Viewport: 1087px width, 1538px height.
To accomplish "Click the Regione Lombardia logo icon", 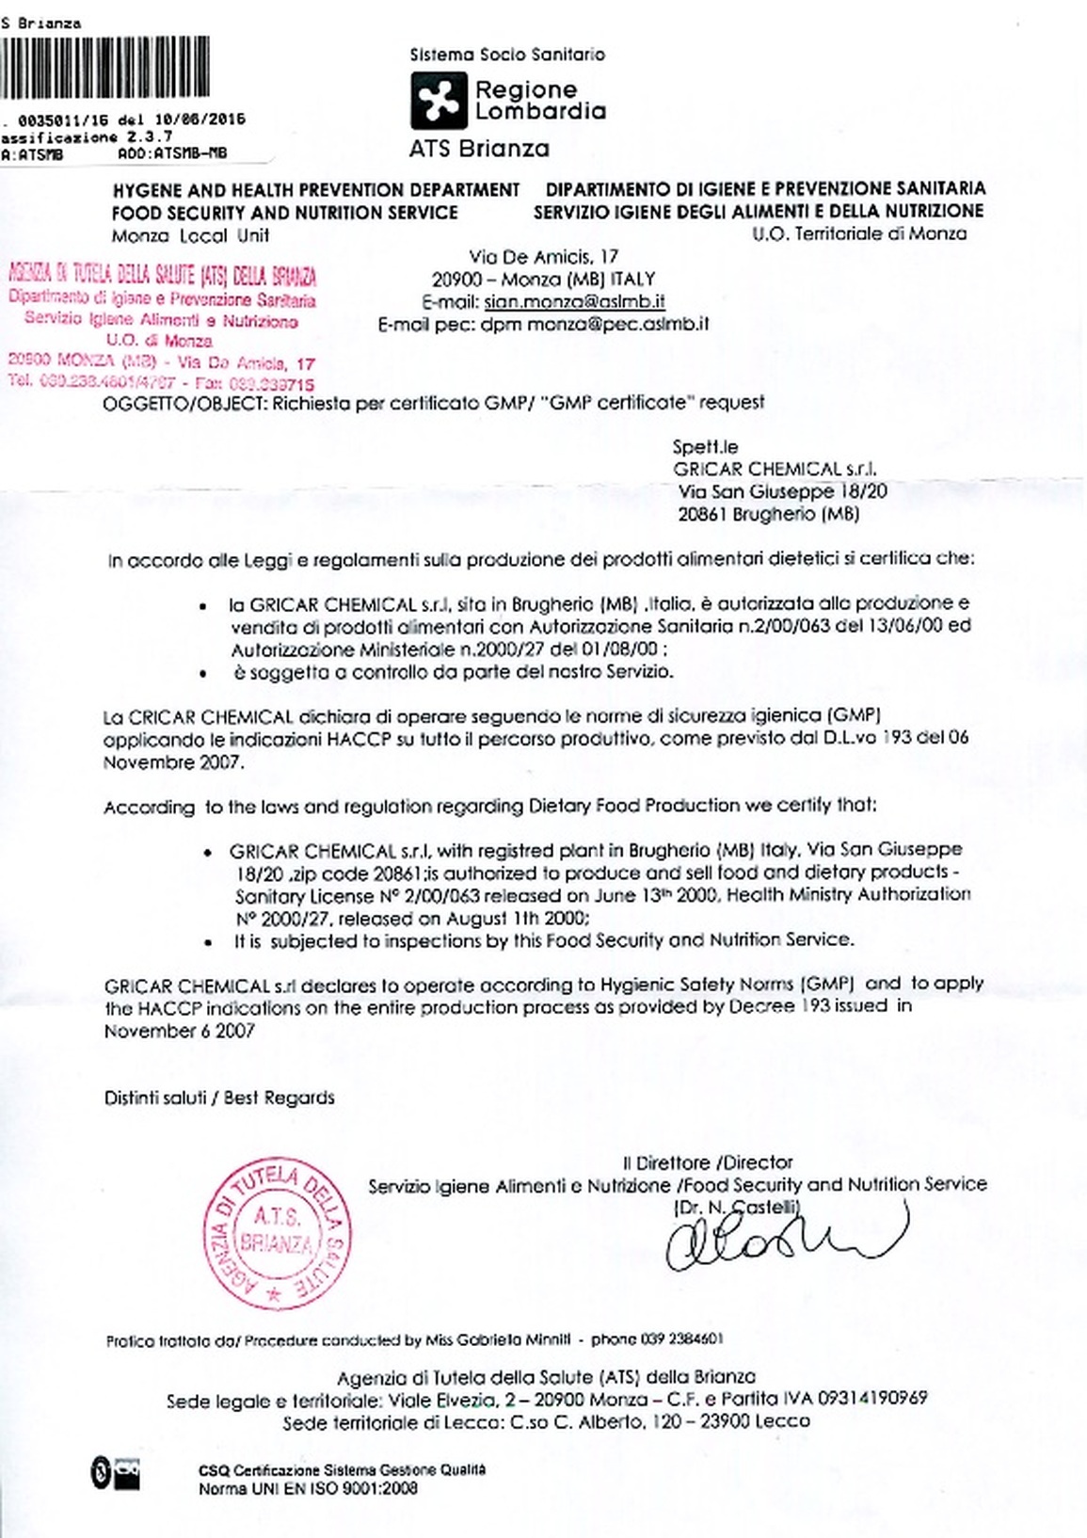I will pos(439,101).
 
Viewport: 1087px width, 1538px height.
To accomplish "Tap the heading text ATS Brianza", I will pos(479,149).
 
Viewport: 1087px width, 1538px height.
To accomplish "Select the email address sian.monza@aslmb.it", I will pos(575,302).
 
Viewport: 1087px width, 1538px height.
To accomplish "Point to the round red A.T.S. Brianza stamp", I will pos(278,1234).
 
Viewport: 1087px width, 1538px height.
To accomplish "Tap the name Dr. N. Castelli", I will pos(737,1207).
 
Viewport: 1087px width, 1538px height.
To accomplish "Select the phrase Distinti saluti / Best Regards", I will pos(219,1097).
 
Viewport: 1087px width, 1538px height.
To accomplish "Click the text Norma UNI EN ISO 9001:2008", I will pos(308,1488).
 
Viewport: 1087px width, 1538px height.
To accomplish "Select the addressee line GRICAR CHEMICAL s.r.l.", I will pos(775,469).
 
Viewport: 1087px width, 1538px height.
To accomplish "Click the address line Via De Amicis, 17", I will pos(543,257).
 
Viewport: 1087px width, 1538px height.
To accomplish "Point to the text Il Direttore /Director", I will pos(708,1162).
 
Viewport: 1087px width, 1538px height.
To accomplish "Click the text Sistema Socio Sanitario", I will pos(507,55).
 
